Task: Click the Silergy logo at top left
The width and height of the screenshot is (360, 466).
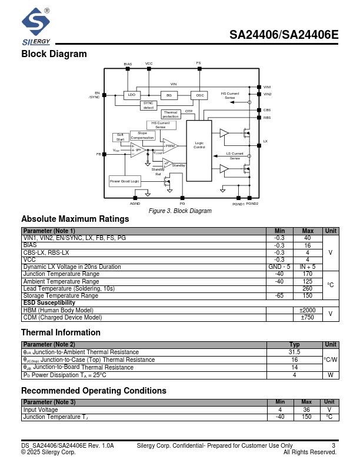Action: coord(36,26)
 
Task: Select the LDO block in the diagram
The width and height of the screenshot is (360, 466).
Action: coord(131,95)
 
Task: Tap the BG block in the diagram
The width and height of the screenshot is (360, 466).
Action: coord(169,95)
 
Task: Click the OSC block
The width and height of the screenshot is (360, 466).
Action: coord(200,95)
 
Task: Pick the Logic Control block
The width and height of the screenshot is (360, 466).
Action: coord(199,144)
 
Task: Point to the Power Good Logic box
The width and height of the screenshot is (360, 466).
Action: coord(125,181)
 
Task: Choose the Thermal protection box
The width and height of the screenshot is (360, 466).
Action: coord(171,114)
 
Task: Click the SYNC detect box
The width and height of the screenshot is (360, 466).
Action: coord(148,105)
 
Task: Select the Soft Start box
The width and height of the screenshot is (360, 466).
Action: coord(120,137)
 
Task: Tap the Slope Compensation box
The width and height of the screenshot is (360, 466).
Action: coord(142,135)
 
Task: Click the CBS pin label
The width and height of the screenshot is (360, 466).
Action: coord(267,110)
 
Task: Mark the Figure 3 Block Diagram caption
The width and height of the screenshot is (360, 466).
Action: coord(179,211)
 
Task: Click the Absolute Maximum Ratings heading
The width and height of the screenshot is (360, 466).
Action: coord(75,219)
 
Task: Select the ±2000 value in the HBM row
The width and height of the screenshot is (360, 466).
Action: coord(308,310)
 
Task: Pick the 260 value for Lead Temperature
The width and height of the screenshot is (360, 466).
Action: coord(308,288)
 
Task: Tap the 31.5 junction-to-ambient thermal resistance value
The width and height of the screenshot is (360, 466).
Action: coord(295,352)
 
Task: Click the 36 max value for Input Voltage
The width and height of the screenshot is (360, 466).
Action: coord(306,410)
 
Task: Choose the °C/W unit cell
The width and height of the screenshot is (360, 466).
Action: coord(331,360)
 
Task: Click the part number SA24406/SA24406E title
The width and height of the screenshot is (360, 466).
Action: coord(284,35)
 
